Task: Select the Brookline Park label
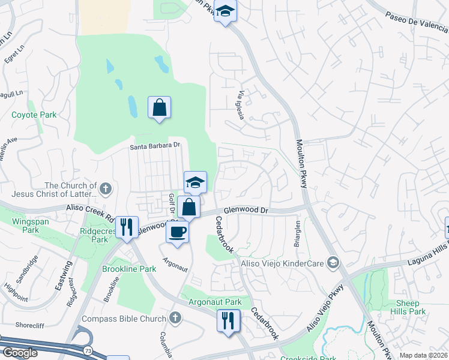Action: click(x=129, y=269)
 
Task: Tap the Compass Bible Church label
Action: click(x=124, y=318)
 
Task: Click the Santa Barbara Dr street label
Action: click(x=155, y=146)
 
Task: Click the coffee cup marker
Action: click(x=178, y=231)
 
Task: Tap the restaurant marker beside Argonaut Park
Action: click(x=228, y=320)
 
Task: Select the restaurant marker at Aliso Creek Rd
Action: click(x=127, y=227)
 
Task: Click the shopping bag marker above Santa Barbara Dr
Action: click(x=159, y=108)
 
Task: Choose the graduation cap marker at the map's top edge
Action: click(x=225, y=12)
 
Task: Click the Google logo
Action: click(x=20, y=353)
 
